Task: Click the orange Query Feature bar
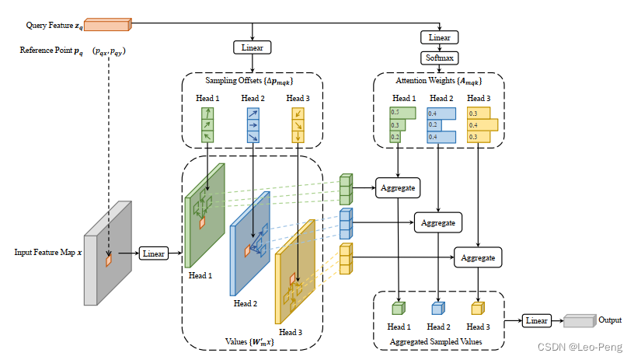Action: point(108,25)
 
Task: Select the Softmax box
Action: point(440,58)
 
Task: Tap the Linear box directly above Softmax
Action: point(440,37)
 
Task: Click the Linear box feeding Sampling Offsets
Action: point(253,47)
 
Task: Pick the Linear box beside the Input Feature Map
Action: point(154,253)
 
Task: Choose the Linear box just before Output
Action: point(537,321)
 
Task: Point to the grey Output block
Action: point(580,321)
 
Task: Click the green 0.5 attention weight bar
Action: point(402,113)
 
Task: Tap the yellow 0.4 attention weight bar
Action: point(482,125)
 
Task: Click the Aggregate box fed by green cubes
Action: point(398,188)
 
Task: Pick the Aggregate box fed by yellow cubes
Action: point(478,257)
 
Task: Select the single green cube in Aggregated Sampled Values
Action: point(399,308)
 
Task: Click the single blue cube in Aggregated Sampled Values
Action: point(438,308)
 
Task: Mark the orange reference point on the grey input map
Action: point(108,260)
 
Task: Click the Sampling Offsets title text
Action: point(249,81)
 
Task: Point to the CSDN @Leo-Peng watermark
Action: point(580,347)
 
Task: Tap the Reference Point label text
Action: point(51,51)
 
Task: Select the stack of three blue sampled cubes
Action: point(346,224)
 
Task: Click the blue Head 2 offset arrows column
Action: point(253,125)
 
